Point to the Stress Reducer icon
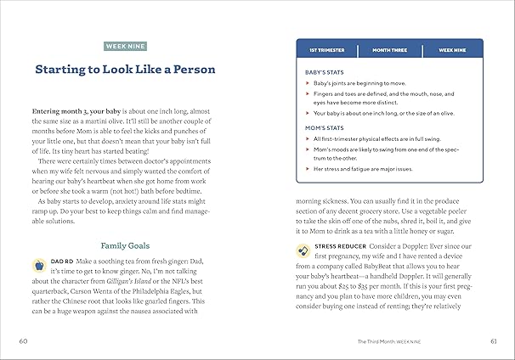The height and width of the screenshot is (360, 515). coord(304,250)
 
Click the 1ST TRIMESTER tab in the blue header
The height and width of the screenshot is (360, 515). coord(328,49)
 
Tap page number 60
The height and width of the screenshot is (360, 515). coord(23,342)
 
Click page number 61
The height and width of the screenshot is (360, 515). coord(493,342)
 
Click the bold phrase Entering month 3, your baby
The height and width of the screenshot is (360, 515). coord(82,112)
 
